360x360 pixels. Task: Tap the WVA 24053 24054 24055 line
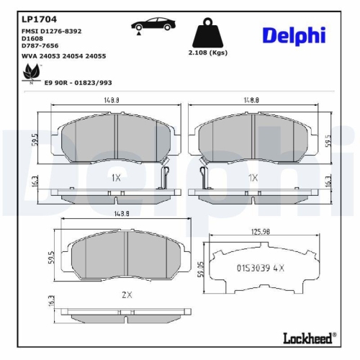54,55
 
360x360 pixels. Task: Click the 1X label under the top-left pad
116,176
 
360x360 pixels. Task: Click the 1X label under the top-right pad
253,176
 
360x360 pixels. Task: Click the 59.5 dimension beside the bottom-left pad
51,258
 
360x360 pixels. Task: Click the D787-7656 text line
41,48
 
